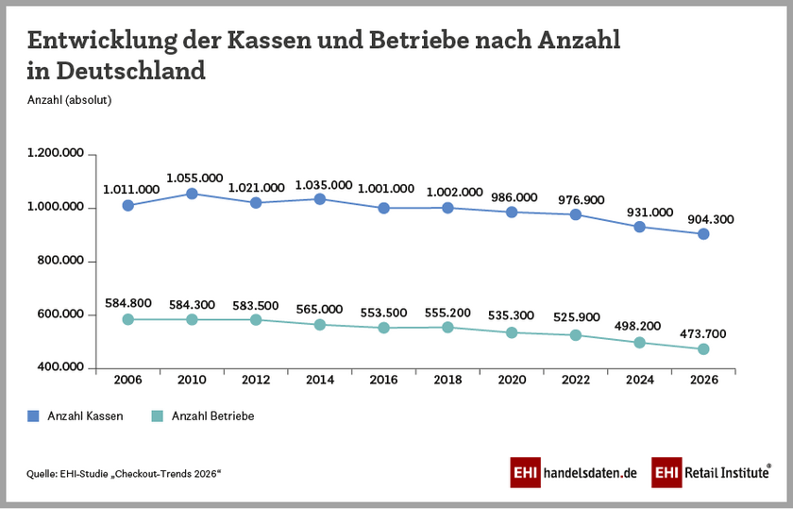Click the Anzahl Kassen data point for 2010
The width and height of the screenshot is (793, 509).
tap(192, 194)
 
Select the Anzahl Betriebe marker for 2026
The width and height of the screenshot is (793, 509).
tap(703, 349)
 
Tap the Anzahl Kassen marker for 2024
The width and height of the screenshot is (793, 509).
tap(639, 227)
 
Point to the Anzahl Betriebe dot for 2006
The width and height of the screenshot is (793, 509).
tap(127, 319)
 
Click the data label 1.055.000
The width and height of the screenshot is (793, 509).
tap(194, 178)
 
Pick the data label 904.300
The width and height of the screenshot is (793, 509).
tap(706, 219)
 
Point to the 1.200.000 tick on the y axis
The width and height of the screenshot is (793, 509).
tap(56, 154)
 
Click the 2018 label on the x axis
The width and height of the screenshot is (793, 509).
tap(447, 380)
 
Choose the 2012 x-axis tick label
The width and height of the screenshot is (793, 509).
tap(255, 380)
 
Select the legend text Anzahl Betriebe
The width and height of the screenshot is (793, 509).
tap(212, 416)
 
